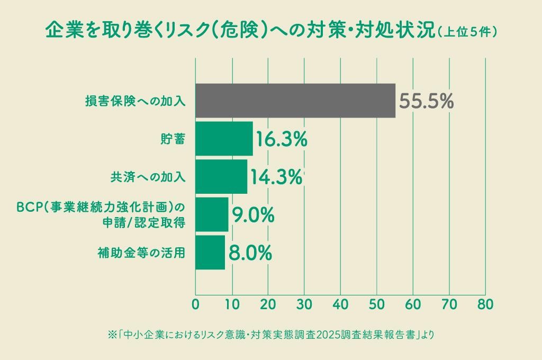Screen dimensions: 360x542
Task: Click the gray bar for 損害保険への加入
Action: [x=295, y=101]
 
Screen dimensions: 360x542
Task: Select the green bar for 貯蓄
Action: [x=224, y=139]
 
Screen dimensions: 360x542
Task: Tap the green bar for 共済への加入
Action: [x=221, y=177]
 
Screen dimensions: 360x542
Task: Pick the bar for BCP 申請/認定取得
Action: [x=212, y=214]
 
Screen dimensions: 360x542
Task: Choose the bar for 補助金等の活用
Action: [x=210, y=253]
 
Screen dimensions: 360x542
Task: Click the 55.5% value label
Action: [x=426, y=101]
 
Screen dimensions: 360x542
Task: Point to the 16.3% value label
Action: [x=281, y=139]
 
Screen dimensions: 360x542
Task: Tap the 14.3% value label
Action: [x=276, y=177]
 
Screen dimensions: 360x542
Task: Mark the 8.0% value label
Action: [x=250, y=253]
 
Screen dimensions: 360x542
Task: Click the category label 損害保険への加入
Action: [x=135, y=101]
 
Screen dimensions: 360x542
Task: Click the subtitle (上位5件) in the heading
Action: [x=466, y=32]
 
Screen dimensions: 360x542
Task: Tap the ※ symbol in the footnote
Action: [x=112, y=335]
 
